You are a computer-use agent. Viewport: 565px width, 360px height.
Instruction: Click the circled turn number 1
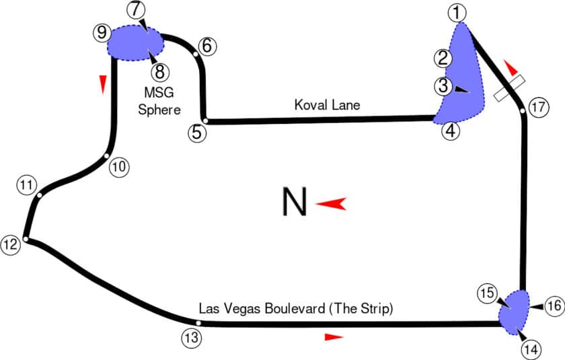pos(457,11)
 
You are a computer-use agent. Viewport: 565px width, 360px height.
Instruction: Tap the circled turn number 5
pos(196,132)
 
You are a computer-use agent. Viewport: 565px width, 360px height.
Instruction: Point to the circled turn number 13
pos(191,337)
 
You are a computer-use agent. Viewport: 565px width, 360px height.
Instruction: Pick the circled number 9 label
pos(102,32)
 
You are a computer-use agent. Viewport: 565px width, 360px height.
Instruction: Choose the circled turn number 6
pos(206,46)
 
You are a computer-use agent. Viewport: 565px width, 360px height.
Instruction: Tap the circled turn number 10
pos(118,166)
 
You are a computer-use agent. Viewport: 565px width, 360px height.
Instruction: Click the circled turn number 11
pos(26,185)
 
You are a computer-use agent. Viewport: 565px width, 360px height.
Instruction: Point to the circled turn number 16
pos(553,306)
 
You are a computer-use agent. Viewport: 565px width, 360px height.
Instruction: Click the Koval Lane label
pos(328,105)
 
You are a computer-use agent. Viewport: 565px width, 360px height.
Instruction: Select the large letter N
pos(294,203)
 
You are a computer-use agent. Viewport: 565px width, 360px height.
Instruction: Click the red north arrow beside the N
pos(331,204)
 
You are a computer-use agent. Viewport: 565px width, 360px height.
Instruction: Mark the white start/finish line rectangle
pos(509,88)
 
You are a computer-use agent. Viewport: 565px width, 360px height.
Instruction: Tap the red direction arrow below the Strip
pos(334,336)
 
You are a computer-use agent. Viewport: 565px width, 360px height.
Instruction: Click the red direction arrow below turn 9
pos(103,83)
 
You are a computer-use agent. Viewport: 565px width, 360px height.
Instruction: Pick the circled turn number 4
pos(451,131)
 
